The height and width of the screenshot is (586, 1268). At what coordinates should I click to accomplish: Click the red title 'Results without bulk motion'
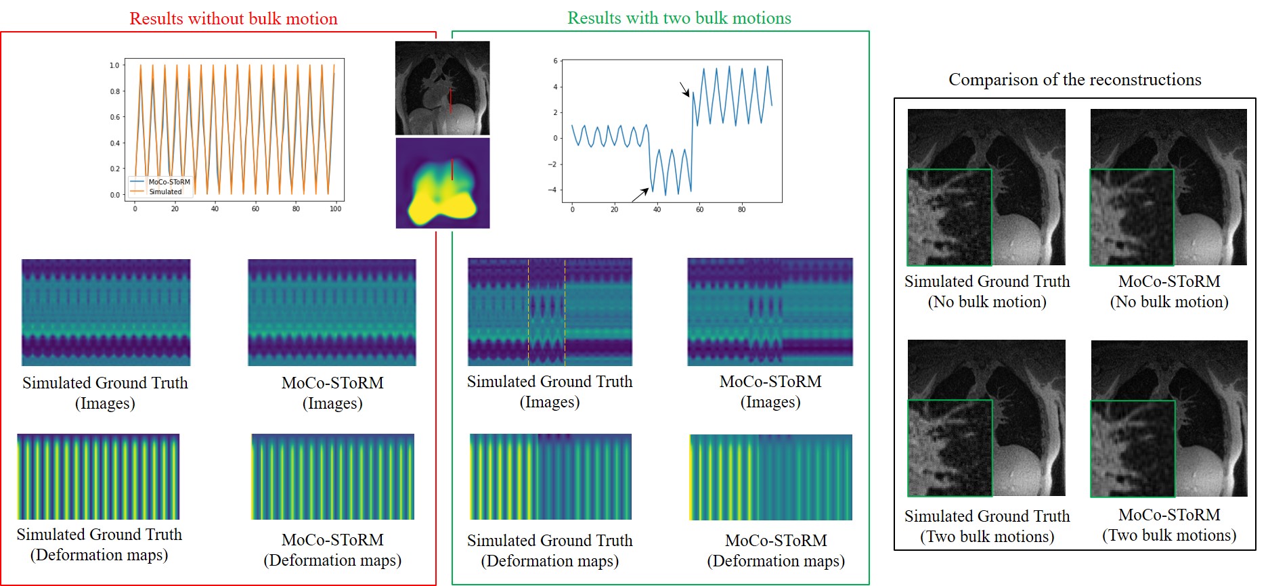click(233, 18)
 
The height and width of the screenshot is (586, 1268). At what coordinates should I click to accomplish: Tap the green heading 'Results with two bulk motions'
click(679, 18)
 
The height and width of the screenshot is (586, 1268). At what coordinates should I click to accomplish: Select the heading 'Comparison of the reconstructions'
click(1074, 79)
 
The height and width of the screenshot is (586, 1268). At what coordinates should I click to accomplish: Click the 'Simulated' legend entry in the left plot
click(165, 191)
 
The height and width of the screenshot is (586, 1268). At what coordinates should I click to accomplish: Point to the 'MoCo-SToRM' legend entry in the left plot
click(169, 182)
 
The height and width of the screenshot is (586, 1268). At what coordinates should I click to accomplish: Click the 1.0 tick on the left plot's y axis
click(114, 66)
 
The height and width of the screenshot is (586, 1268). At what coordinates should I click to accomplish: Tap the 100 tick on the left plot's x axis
click(335, 209)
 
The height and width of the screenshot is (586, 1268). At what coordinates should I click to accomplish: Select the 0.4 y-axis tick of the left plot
click(114, 143)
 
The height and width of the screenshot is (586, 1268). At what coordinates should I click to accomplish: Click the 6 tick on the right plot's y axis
click(555, 61)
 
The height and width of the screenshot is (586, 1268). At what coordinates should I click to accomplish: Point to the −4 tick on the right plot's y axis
click(552, 190)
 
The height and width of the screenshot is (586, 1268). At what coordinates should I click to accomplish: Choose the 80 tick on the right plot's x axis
click(742, 210)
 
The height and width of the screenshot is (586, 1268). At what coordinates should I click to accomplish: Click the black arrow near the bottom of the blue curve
click(640, 195)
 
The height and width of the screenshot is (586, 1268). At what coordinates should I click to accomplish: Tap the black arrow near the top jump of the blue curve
click(684, 89)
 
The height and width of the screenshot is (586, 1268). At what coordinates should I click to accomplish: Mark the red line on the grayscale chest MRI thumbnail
click(450, 99)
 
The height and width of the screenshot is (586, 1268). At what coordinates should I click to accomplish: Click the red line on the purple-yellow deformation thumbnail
click(452, 169)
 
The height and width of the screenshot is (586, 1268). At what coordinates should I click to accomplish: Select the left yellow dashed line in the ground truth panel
click(528, 311)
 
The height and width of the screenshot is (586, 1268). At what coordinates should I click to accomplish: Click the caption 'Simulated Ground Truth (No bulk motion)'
click(986, 291)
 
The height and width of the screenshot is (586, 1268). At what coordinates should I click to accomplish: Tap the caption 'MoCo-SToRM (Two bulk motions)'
click(1168, 525)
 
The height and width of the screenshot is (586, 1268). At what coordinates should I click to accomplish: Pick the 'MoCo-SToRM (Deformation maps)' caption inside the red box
click(332, 549)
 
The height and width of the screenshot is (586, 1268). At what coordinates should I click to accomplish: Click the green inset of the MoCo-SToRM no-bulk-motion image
click(1131, 217)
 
